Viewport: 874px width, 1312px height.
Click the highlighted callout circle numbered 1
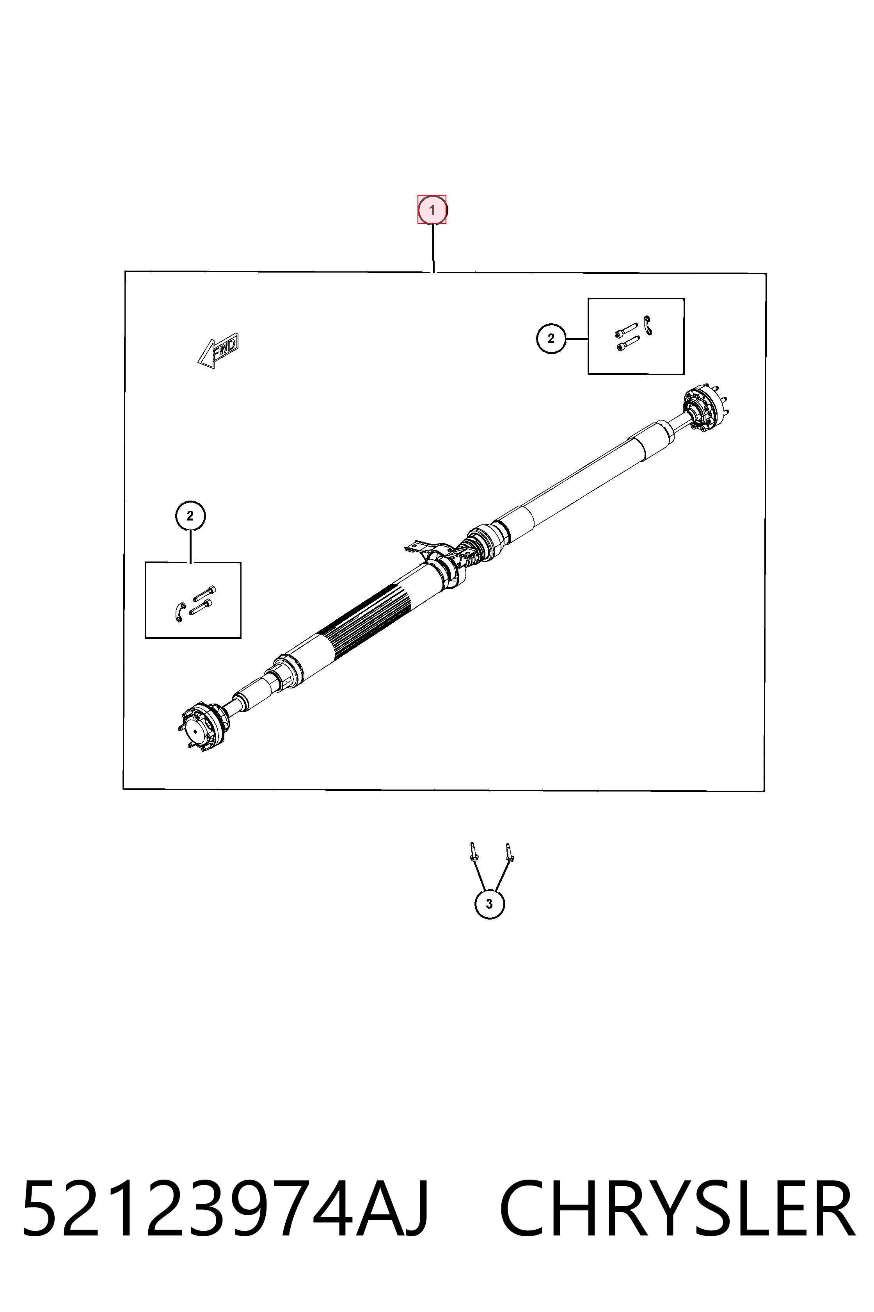point(432,210)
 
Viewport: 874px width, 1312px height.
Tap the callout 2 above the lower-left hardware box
point(190,515)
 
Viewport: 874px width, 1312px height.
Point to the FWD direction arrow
point(218,351)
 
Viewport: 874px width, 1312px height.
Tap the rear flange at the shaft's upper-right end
point(705,408)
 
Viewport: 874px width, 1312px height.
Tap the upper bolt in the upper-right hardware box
point(627,330)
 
